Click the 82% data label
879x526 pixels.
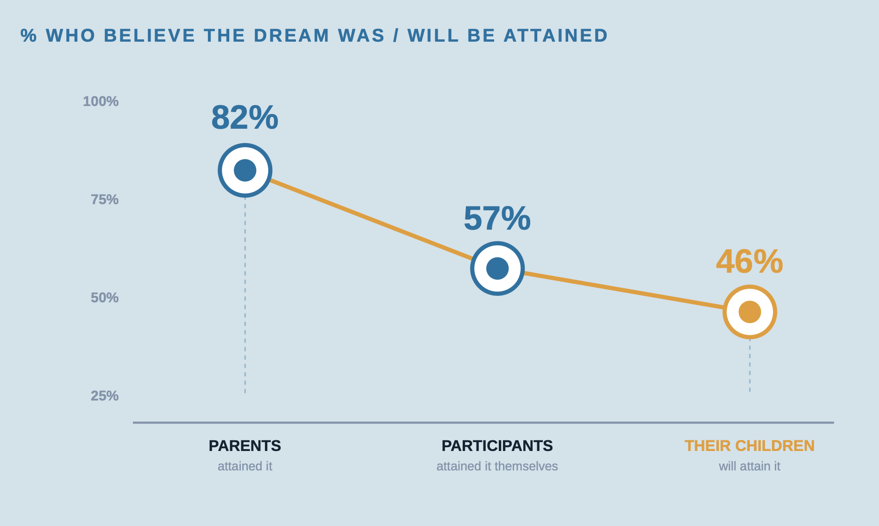coord(245,118)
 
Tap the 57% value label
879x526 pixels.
coord(497,219)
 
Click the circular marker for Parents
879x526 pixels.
coord(245,170)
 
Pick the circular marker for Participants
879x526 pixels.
coord(497,269)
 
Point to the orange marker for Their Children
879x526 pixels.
coord(750,312)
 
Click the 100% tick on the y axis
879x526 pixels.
coord(100,101)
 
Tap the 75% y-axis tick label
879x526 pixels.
coord(105,200)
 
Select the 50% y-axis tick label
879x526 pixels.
coord(105,298)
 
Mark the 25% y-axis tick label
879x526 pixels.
coord(105,396)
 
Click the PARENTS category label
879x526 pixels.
coord(245,446)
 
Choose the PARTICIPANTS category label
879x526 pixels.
coord(497,446)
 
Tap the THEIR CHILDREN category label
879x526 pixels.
coord(749,446)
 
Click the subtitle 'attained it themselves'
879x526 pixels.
coord(497,466)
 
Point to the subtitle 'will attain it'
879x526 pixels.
coord(749,466)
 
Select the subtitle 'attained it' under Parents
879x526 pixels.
coord(245,466)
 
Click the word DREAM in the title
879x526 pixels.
coord(291,36)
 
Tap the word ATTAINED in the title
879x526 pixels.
coord(555,36)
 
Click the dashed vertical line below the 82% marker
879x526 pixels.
coord(245,296)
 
